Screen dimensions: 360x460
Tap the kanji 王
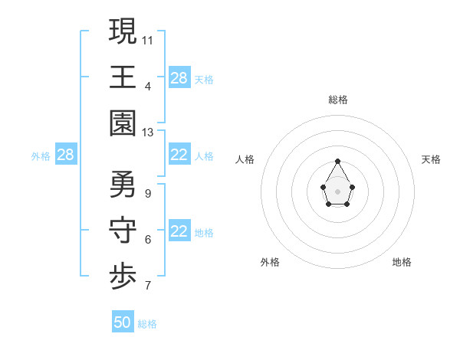point(123,77)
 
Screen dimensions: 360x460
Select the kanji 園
point(123,123)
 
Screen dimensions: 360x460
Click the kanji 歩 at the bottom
point(123,277)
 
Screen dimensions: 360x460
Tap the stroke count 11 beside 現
point(148,39)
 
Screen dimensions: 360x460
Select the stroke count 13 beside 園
point(148,133)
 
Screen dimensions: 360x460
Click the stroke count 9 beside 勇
point(147,192)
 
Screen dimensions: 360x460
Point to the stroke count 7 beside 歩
point(147,286)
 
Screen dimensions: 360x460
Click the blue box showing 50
point(123,322)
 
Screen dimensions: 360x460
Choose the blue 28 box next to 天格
point(179,78)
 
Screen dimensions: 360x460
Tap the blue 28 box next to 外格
point(66,155)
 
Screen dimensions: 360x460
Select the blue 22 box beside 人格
point(179,155)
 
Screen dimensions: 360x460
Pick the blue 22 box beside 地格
point(179,232)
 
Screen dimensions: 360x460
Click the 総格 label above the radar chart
point(337,100)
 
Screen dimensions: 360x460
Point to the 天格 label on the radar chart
point(431,159)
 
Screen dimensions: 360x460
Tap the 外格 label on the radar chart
point(270,262)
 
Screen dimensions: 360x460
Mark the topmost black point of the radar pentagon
point(337,161)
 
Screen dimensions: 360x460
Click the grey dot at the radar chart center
point(337,191)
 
